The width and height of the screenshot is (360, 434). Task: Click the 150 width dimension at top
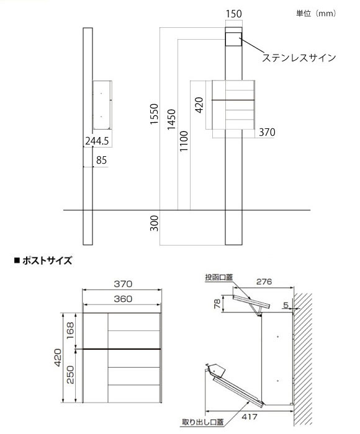233,14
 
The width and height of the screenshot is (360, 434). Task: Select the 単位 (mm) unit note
316,13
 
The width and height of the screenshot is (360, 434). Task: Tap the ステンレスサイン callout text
299,58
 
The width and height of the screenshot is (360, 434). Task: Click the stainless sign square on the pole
233,39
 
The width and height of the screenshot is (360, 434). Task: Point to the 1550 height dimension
154,113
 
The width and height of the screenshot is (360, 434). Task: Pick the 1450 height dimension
171,119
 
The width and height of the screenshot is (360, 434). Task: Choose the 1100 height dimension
184,141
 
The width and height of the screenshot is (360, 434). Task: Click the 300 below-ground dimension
154,223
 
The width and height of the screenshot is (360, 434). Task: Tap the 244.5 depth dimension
97,141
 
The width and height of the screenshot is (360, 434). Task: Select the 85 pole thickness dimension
101,160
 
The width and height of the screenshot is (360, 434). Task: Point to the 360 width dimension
123,299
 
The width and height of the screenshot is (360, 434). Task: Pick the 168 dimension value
70,330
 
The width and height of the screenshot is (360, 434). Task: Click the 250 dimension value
70,374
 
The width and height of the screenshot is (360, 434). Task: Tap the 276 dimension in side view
264,281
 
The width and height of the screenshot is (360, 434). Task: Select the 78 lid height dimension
218,303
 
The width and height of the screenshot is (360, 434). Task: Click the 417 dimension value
249,417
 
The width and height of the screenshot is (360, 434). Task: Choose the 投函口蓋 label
218,277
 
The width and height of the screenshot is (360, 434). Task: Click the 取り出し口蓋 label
202,422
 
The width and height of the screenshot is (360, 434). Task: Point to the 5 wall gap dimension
286,305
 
